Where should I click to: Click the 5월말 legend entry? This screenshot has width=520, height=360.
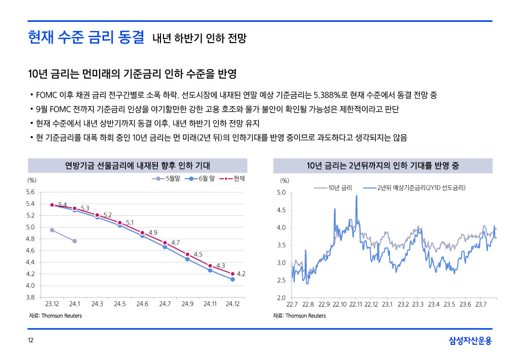coord(168,179)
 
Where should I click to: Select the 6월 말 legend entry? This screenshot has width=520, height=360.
coord(203,179)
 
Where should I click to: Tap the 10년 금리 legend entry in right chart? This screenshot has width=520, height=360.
coord(339,188)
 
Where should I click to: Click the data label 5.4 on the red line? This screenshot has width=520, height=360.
coord(62,205)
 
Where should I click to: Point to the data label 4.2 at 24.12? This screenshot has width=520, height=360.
coord(242,274)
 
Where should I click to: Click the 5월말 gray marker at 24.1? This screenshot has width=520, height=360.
coord(75,241)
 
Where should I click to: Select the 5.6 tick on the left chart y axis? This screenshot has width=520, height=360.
coord(30,192)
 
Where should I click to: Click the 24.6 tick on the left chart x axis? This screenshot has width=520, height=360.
coord(142,304)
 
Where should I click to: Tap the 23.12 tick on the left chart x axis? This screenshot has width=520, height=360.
coord(52,304)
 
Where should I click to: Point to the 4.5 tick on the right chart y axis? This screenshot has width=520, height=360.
coord(281,210)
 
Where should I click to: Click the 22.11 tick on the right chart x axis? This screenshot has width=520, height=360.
coord(355,304)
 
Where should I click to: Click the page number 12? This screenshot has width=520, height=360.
coord(31,341)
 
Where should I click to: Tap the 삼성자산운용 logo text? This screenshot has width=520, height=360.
coord(470,341)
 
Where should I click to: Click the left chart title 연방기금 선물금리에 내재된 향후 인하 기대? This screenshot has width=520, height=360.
coord(137,166)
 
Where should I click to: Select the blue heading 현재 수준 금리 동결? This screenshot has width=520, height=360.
coord(86,37)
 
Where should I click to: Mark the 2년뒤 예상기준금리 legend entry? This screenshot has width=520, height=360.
coord(421,188)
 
